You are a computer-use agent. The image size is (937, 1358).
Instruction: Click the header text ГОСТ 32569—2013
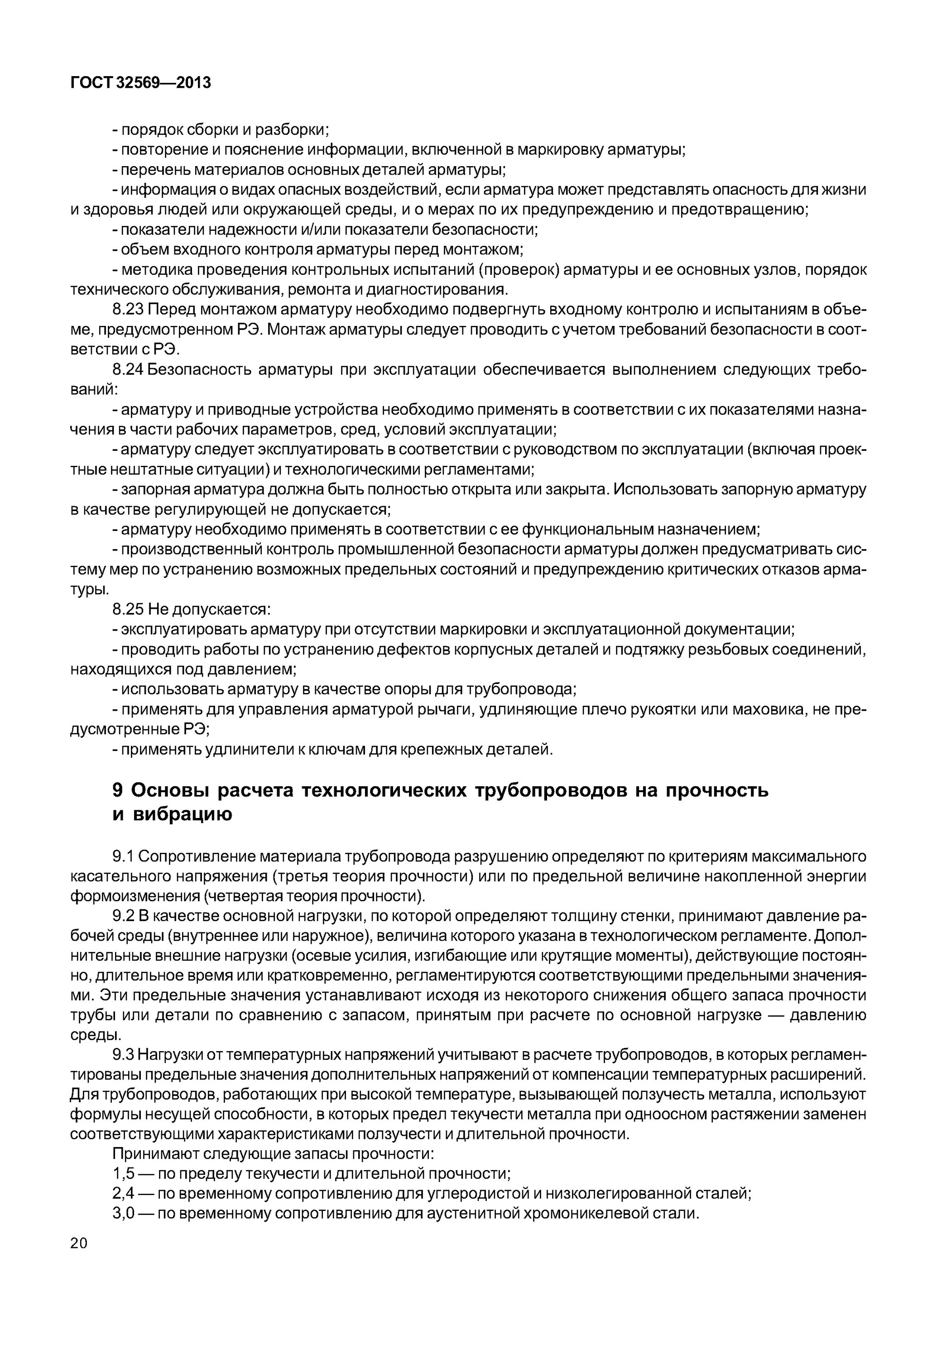(140, 83)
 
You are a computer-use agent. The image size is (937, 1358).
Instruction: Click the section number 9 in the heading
(117, 791)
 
